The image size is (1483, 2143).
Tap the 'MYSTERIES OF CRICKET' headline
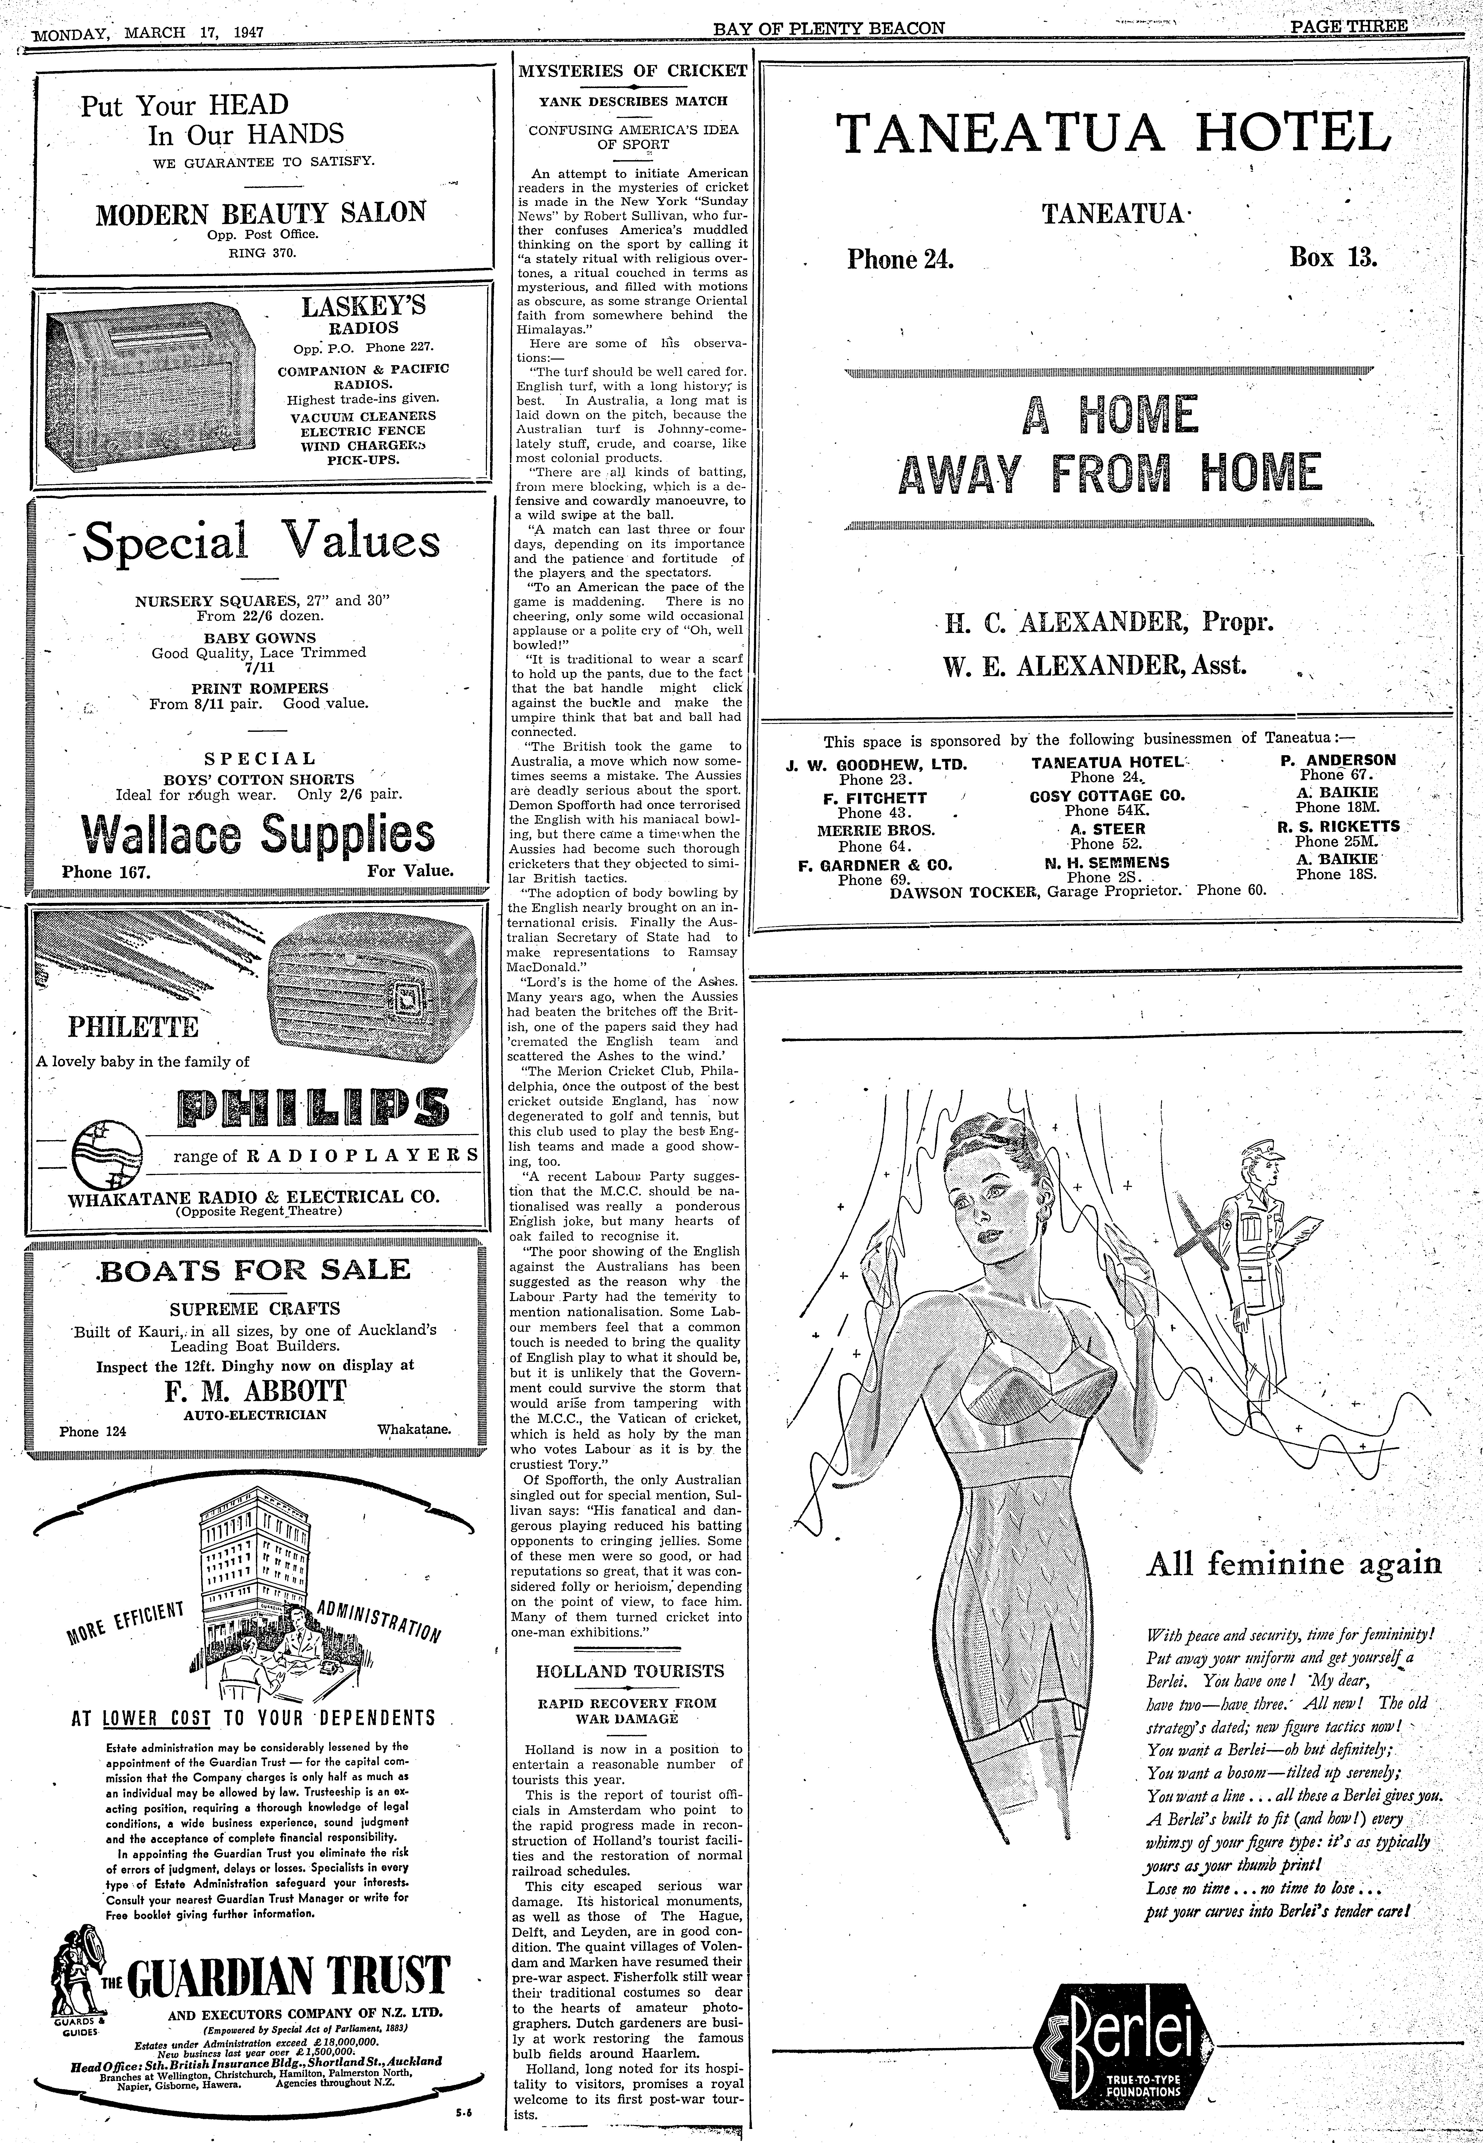tap(632, 71)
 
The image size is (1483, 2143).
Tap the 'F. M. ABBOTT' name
tap(258, 1390)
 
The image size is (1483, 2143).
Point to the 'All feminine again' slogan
tap(1294, 1564)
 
